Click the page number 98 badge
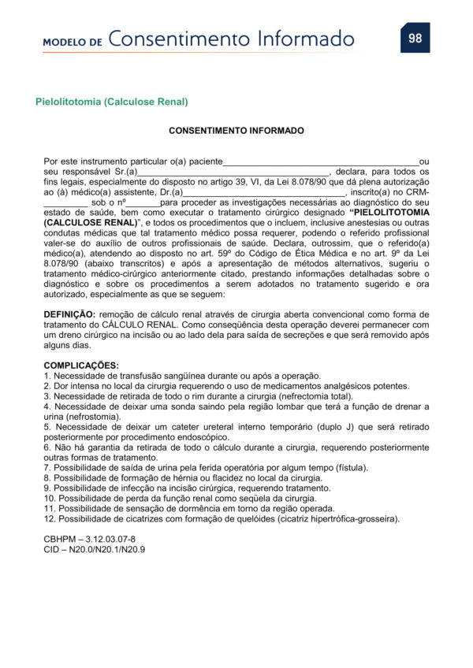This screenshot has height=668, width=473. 415,38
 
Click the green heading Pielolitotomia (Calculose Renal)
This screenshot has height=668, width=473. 112,102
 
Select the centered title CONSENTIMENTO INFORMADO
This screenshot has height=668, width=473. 236,130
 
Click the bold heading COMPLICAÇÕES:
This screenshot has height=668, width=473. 81,366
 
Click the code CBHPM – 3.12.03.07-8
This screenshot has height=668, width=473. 84,539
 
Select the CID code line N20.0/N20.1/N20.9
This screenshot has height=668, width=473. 95,549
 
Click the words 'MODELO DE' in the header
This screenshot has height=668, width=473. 73,41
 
